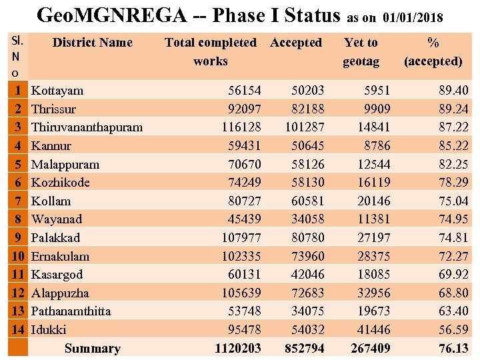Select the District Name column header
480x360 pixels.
(x=92, y=43)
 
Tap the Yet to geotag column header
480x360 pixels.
(x=361, y=52)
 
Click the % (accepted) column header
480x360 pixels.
(x=433, y=52)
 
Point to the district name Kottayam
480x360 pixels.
(x=57, y=91)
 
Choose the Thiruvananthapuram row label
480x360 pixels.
(x=87, y=127)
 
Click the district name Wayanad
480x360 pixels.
(x=57, y=219)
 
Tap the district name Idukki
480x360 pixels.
(x=49, y=329)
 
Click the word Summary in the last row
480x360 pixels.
(x=93, y=348)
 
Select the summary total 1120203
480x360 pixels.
(x=237, y=348)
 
